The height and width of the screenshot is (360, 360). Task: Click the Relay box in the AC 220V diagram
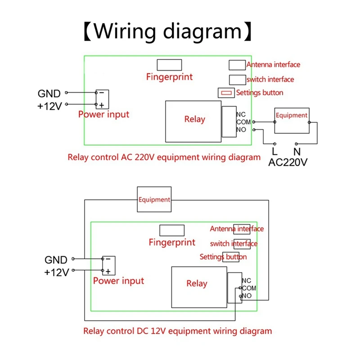click(194, 119)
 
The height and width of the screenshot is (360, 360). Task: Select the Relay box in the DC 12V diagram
click(197, 283)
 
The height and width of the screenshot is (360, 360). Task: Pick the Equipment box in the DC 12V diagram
click(154, 199)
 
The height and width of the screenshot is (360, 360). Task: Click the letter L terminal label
click(274, 152)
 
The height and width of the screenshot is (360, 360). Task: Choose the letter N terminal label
click(297, 152)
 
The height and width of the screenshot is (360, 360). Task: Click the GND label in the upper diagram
click(49, 94)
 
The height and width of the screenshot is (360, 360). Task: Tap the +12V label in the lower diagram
click(56, 272)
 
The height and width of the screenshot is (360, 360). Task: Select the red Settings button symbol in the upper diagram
click(226, 93)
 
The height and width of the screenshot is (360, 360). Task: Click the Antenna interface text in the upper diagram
click(273, 65)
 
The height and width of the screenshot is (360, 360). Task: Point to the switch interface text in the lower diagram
click(234, 243)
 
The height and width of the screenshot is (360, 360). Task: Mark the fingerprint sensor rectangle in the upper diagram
click(169, 65)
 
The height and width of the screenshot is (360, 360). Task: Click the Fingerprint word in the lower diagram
click(172, 243)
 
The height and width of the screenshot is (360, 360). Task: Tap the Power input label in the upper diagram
click(103, 114)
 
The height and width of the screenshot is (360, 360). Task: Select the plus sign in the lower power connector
click(108, 271)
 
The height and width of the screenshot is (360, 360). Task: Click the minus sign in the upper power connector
click(102, 93)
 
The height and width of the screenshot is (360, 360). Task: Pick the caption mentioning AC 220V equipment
click(164, 157)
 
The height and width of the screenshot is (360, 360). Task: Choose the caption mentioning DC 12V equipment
click(177, 331)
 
